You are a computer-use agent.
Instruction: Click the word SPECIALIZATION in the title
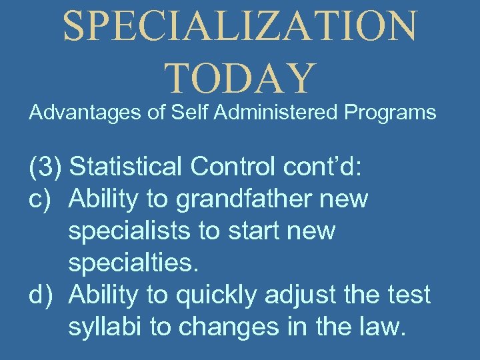240,26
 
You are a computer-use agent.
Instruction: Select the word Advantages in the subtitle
86,113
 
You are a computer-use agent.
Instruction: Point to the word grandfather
244,199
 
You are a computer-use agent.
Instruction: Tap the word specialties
133,262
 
